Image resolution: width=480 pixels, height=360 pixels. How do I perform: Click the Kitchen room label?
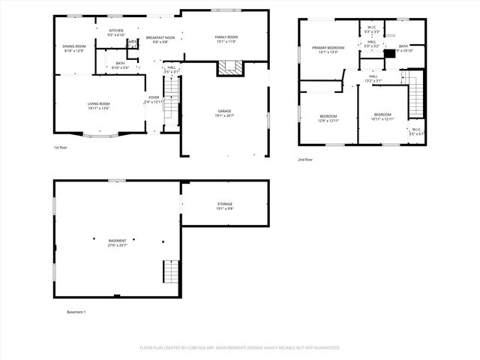click(115, 31)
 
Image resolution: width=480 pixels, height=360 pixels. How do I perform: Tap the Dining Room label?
click(74, 46)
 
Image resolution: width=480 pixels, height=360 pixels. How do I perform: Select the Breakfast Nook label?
click(160, 37)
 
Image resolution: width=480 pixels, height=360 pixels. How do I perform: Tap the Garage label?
click(224, 111)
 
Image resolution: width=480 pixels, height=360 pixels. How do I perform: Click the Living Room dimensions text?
click(99, 109)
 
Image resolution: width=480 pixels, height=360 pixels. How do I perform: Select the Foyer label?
click(154, 97)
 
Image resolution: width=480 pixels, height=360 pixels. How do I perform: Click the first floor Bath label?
click(120, 63)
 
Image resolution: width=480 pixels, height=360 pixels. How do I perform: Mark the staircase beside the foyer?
click(172, 97)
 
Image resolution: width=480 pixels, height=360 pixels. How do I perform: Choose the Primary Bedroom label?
click(328, 47)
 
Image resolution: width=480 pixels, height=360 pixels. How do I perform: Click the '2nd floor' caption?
click(305, 160)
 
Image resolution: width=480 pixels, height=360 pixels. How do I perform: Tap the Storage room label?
click(225, 204)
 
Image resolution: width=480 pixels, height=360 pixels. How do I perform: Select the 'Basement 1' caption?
click(76, 311)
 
